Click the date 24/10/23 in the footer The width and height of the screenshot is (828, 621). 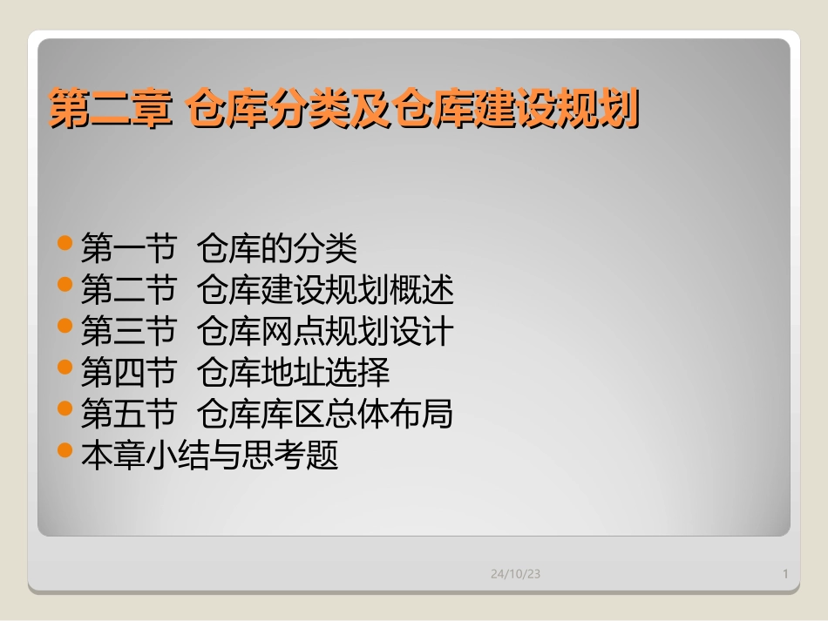(515, 574)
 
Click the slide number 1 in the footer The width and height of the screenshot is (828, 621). (785, 574)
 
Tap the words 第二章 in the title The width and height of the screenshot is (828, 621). (108, 111)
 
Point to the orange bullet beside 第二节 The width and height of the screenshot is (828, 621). (64, 284)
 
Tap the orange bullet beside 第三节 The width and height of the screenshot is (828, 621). (64, 326)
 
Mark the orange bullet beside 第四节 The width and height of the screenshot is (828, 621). (64, 367)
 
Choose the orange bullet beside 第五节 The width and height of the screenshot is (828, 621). (64, 408)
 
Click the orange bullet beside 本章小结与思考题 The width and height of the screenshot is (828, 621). (64, 449)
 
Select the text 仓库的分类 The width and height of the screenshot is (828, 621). (277, 249)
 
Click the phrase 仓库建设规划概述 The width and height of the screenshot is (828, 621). (325, 290)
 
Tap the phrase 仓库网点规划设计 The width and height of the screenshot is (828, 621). (325, 332)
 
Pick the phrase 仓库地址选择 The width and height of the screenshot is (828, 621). (293, 373)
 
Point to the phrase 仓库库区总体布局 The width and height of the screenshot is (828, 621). (325, 415)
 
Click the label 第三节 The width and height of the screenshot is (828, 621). (128, 332)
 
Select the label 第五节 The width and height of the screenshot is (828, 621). (128, 415)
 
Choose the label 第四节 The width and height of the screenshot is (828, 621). (128, 373)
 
